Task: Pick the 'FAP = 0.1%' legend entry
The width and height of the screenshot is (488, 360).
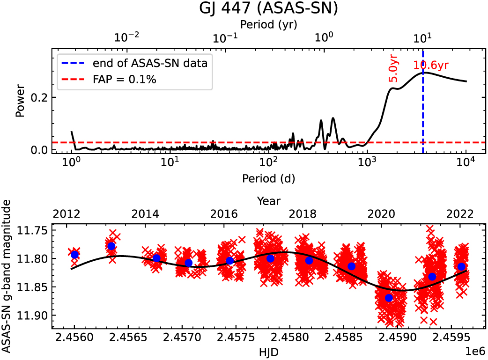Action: click(x=125, y=80)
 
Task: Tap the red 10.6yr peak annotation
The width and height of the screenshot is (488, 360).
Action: click(x=434, y=66)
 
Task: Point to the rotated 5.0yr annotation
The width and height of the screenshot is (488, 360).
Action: click(x=394, y=68)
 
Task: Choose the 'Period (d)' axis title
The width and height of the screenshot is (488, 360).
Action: click(x=268, y=178)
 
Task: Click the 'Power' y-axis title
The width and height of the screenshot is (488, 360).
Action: click(x=20, y=100)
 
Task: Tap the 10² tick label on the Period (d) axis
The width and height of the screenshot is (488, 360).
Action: click(x=268, y=163)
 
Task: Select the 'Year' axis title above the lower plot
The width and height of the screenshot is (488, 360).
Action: click(x=268, y=201)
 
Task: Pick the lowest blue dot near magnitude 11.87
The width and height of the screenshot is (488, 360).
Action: click(x=389, y=298)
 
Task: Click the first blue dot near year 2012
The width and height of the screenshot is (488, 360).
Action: click(x=74, y=255)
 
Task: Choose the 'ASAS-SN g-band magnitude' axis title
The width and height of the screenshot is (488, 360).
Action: click(x=7, y=276)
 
